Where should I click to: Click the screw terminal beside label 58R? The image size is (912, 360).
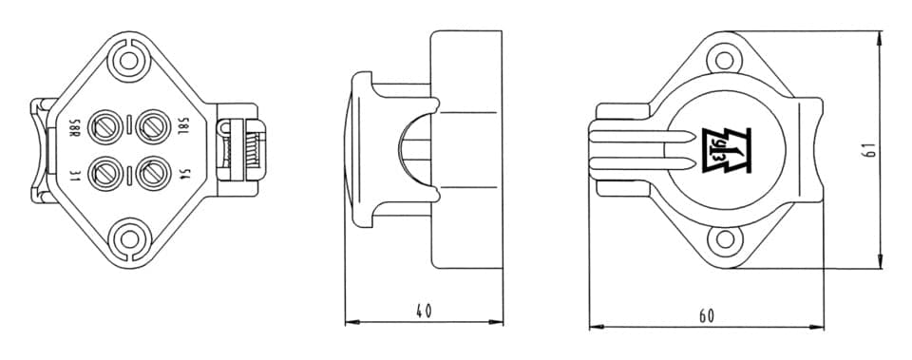point(105,127)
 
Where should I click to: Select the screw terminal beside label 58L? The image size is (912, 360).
point(153,127)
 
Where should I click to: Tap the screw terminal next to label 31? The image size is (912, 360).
point(105,173)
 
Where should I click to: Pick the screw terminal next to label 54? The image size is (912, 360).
point(153,173)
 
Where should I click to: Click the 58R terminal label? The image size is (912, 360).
point(74,128)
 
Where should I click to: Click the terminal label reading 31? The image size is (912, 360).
point(74,175)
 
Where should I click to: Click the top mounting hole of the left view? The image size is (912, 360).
point(128,61)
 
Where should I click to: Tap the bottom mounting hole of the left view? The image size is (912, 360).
point(130,239)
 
